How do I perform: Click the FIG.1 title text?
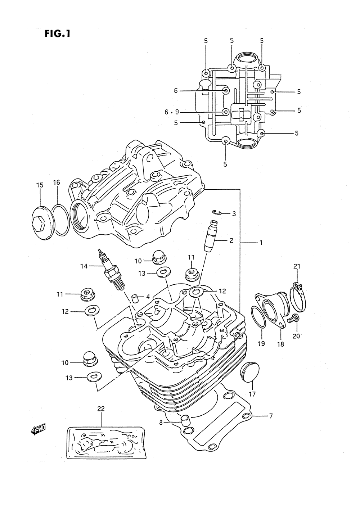(57, 33)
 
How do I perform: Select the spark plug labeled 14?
(111, 270)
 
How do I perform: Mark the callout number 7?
(270, 416)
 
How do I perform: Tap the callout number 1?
(261, 243)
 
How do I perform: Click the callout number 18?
(280, 344)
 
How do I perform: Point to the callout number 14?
(84, 266)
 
